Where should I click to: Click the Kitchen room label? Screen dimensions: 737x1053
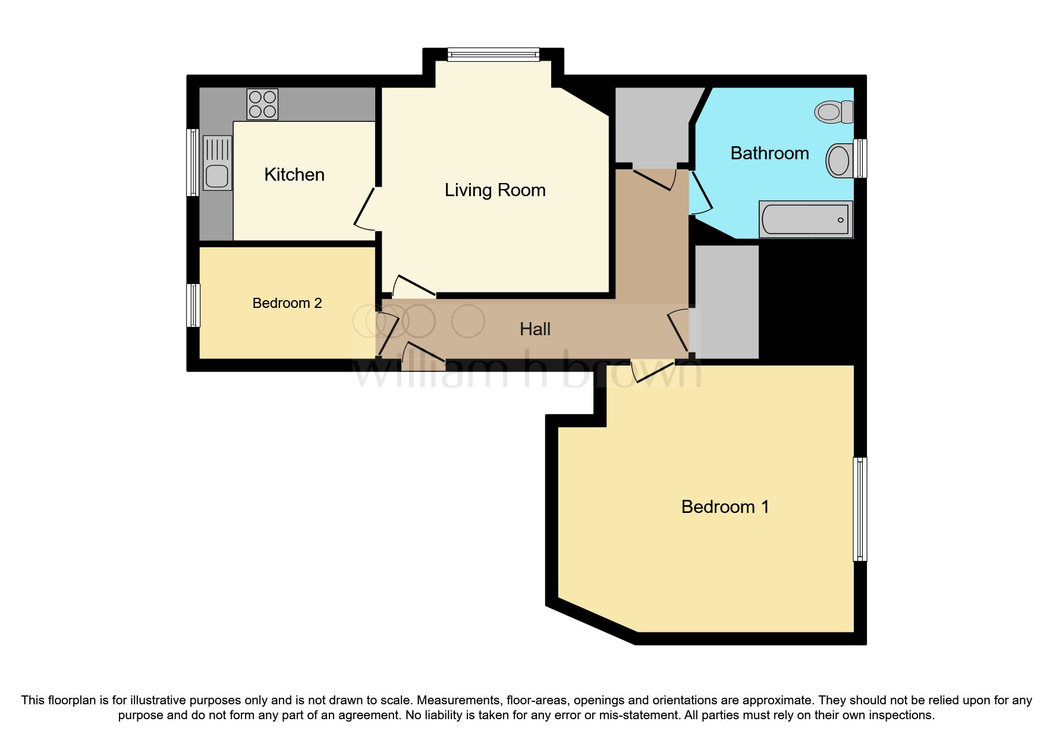(x=294, y=175)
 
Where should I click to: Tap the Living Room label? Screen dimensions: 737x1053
(x=495, y=190)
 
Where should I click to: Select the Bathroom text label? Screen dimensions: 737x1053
(x=769, y=153)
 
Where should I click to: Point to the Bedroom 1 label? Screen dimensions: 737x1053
(x=725, y=507)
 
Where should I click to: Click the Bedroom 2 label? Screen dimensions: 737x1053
(x=287, y=303)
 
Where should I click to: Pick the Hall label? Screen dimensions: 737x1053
(x=535, y=329)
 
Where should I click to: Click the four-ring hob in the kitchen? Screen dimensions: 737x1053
(x=262, y=104)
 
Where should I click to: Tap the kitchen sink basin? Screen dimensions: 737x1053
(x=217, y=176)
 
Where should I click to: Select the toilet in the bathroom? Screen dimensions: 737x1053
(x=834, y=112)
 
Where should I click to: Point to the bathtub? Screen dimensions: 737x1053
(x=806, y=219)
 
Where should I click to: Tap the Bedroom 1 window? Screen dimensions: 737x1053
(x=859, y=509)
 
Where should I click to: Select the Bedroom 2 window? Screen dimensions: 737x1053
(x=193, y=305)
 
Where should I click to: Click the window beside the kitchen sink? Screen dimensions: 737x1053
(x=193, y=162)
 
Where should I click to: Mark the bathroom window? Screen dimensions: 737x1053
(x=860, y=158)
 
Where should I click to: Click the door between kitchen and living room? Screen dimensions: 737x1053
(x=364, y=208)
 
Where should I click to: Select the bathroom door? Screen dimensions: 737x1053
(x=700, y=193)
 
